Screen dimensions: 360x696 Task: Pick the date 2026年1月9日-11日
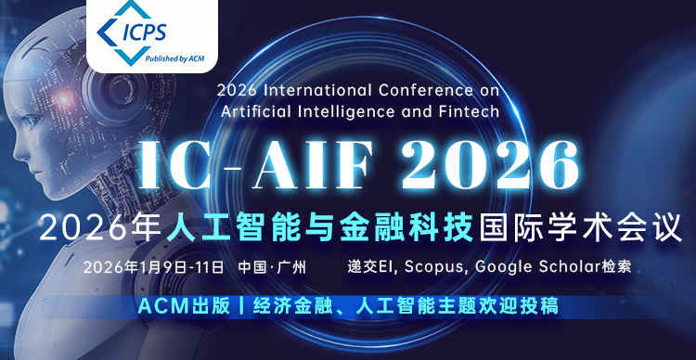(x=153, y=267)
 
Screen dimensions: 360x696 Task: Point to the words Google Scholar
(x=538, y=267)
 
